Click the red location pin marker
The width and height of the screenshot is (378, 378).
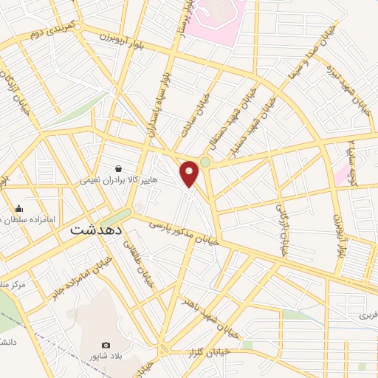[190, 173]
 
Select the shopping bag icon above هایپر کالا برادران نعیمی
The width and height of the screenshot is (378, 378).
[119, 168]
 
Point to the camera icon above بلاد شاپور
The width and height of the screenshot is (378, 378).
[106, 345]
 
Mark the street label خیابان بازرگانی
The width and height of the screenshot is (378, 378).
[281, 230]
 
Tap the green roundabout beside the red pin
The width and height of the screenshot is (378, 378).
[205, 162]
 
